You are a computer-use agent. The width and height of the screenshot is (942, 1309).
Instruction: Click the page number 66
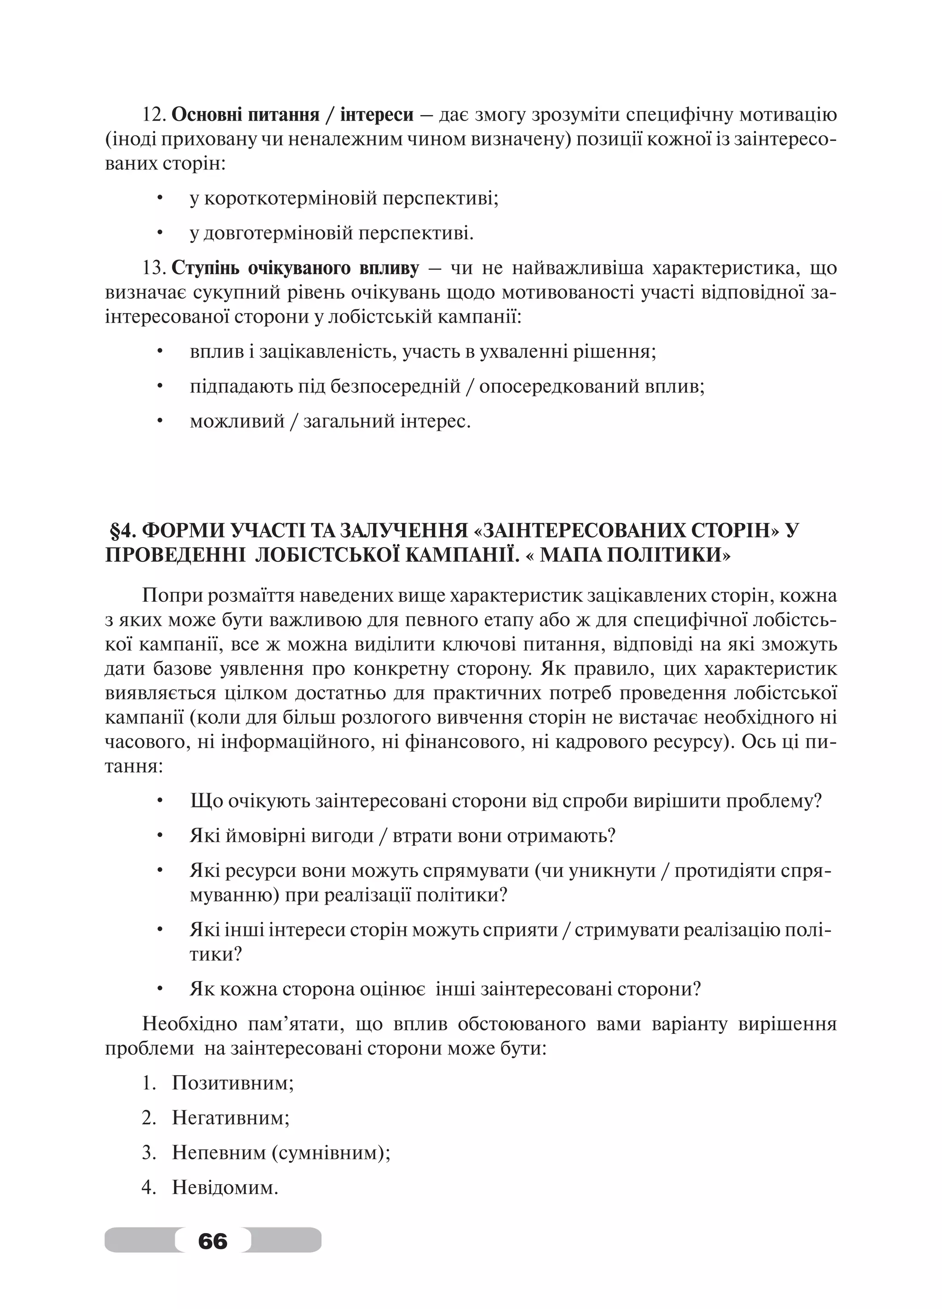point(213,1240)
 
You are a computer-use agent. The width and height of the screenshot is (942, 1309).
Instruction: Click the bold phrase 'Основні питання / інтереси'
point(293,115)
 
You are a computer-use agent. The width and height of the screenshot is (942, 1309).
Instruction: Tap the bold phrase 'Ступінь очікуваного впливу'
point(295,268)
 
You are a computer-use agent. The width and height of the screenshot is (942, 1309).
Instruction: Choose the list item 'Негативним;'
point(230,1118)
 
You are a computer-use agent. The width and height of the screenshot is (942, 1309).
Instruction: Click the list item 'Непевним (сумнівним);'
point(281,1153)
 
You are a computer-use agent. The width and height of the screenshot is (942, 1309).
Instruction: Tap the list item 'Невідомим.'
point(225,1187)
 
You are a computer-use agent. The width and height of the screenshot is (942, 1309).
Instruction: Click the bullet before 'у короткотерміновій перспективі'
point(160,199)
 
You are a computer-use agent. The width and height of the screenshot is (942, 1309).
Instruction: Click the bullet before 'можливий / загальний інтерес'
point(160,421)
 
